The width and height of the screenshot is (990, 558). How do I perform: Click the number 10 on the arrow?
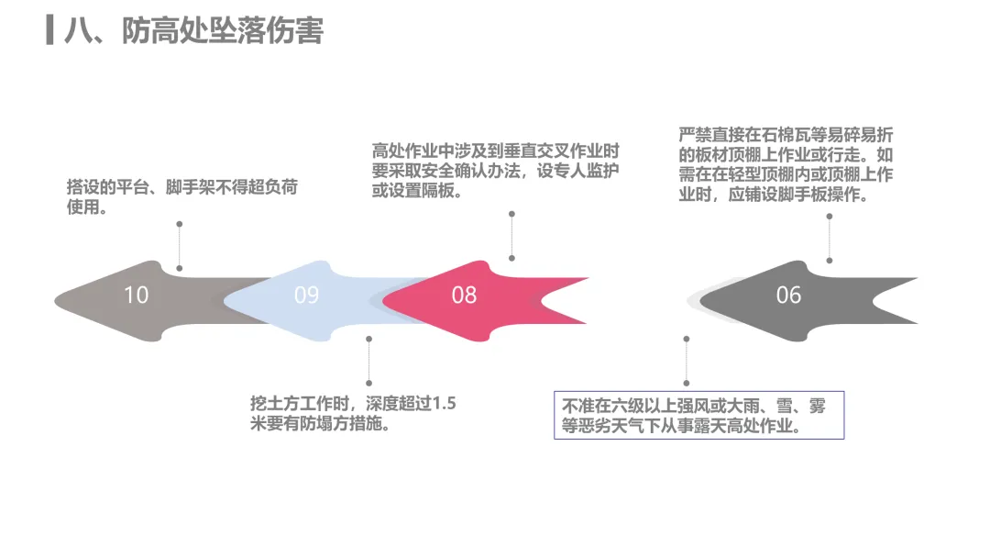pos(136,296)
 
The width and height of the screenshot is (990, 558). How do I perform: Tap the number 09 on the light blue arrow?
pos(306,296)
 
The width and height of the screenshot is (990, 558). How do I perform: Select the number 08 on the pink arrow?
pos(464,296)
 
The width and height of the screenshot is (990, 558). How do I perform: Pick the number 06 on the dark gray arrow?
pos(788,296)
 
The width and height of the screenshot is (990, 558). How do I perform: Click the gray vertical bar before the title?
pos(49,29)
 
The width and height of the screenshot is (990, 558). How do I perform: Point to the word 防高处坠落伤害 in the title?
pos(222,30)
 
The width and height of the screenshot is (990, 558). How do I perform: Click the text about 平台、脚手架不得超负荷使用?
pos(181,196)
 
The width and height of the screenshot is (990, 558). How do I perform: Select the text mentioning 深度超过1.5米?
pos(352,413)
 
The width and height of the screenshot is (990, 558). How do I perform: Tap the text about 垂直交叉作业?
pos(496,171)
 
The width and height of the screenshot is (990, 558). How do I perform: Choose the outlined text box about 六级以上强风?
pos(698,415)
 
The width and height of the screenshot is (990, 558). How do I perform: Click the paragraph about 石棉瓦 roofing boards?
pos(786,164)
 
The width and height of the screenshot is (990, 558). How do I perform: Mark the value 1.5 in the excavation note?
pos(444,403)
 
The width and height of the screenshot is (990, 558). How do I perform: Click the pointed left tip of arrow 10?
pos(56,301)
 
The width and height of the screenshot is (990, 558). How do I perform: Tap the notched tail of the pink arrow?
pos(542,301)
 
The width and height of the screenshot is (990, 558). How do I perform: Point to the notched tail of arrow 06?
pos(874,301)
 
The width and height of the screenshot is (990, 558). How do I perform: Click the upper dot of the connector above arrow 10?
pos(180,224)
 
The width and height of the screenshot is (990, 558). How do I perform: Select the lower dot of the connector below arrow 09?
pos(368,383)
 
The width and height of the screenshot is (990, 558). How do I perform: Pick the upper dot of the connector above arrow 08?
pos(511,214)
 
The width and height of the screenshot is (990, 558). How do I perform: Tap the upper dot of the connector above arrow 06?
pos(829,216)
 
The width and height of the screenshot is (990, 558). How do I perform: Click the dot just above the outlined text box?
pos(687,383)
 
